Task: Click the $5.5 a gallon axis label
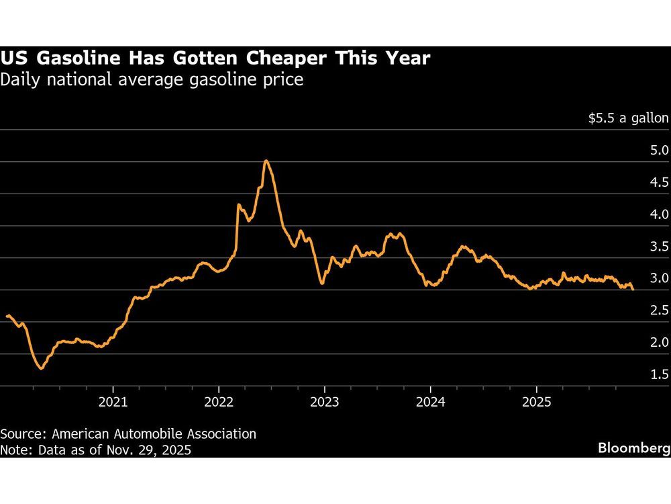pyautogui.click(x=628, y=118)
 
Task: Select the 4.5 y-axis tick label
pyautogui.click(x=656, y=182)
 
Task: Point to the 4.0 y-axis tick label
pyautogui.click(x=656, y=214)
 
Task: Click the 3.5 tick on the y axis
pyautogui.click(x=656, y=246)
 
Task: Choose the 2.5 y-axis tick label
pyautogui.click(x=656, y=310)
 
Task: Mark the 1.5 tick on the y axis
pyautogui.click(x=656, y=374)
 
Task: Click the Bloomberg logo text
pyautogui.click(x=633, y=448)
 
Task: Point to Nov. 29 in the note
pyautogui.click(x=128, y=450)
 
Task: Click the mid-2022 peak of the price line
pyautogui.click(x=266, y=161)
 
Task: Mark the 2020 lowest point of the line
pyautogui.click(x=41, y=368)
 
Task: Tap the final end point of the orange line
pyautogui.click(x=632, y=289)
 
